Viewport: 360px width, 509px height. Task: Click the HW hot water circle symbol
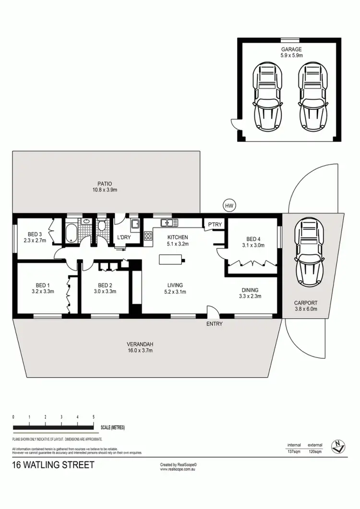tap(229, 205)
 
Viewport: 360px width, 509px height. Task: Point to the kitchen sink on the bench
tap(169, 222)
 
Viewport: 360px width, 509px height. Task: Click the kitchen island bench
tap(170, 260)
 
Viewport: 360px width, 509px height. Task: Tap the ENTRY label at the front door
tap(214, 324)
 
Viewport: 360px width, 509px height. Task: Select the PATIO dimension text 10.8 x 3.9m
tap(105, 190)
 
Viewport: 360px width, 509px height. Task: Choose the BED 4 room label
tap(254, 239)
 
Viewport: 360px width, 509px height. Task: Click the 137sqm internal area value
tap(294, 451)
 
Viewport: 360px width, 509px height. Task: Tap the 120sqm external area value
tap(315, 451)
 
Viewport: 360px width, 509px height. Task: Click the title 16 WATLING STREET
tap(53, 465)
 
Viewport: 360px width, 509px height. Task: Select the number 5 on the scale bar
tap(93, 417)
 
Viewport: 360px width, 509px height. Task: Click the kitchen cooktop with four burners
tap(148, 236)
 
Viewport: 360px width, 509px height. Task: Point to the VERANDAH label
tap(140, 344)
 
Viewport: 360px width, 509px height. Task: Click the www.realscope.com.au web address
tap(180, 469)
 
